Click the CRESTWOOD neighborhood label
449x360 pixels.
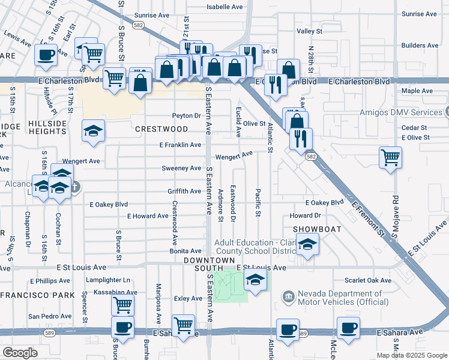tap(161, 129)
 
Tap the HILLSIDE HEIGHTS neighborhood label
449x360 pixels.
tap(47, 128)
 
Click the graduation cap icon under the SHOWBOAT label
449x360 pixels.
tap(308, 245)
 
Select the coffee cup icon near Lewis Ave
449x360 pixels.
tap(46, 55)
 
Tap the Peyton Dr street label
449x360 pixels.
tap(186, 116)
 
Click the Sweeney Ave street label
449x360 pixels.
tap(181, 169)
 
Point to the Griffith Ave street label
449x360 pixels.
tap(184, 191)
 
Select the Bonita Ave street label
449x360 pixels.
tap(185, 251)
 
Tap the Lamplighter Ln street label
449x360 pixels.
tap(108, 280)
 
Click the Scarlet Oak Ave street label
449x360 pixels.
tap(368, 280)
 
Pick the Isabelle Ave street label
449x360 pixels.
tap(224, 7)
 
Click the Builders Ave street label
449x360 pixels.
tap(423, 46)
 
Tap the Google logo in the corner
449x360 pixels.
tap(20, 353)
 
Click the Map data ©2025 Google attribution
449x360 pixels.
tap(411, 355)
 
